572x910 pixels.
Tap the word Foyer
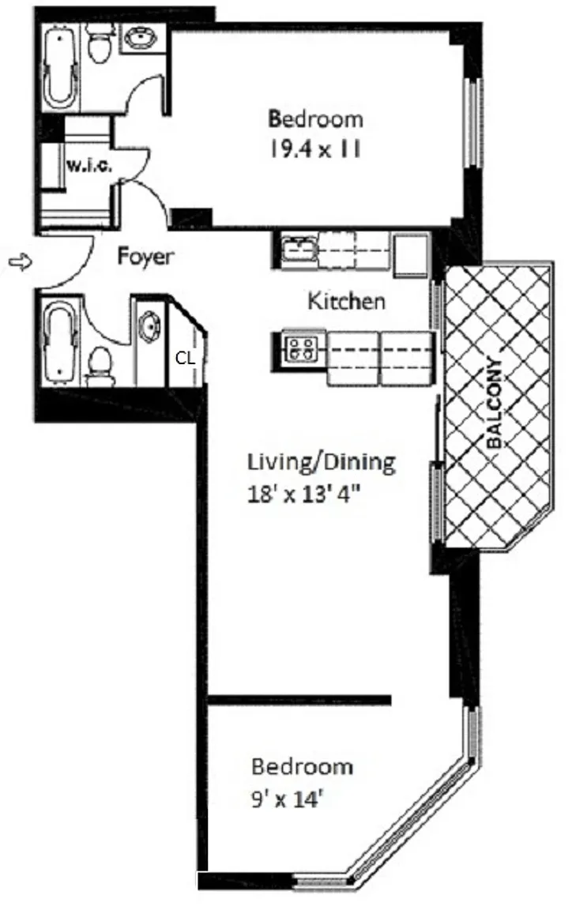tap(145, 256)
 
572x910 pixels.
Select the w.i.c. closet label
tap(88, 165)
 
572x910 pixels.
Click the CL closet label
tap(185, 359)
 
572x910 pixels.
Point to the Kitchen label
tap(346, 301)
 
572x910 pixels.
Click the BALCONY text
tap(495, 404)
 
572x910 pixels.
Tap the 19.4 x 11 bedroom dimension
tap(314, 149)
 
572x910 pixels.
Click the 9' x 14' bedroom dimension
tap(287, 799)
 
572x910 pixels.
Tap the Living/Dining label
tap(322, 462)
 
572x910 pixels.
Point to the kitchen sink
tap(299, 250)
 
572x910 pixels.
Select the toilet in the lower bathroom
tap(100, 367)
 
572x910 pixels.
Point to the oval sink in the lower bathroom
tap(150, 328)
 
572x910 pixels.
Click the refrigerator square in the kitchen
tap(412, 255)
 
